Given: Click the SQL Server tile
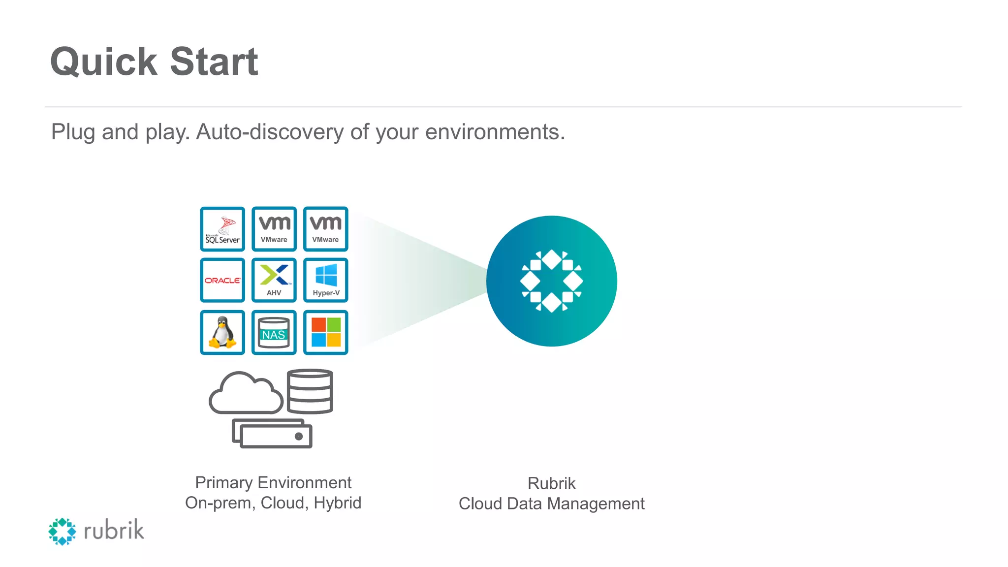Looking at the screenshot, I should (222, 229).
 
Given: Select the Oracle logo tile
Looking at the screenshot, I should (222, 280).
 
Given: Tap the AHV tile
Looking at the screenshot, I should (274, 280).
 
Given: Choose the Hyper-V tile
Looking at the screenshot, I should (326, 280).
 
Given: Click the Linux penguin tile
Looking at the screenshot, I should (222, 332).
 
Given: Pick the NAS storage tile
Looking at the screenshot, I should (274, 332).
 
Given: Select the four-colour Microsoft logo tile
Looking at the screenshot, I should (326, 332).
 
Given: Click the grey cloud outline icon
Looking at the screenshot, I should (245, 394).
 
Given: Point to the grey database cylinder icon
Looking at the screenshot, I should (310, 391).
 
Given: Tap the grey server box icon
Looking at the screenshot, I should (272, 434).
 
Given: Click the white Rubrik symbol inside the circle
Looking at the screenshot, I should (552, 281).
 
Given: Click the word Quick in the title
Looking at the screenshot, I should (104, 62).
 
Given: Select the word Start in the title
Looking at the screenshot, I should (214, 62).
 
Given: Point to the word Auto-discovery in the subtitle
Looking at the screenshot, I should (270, 132).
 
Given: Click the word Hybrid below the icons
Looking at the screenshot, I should (338, 503).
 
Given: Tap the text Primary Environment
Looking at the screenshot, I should (273, 482).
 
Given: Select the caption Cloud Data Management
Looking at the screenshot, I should (551, 504).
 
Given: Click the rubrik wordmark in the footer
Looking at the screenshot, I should (114, 531).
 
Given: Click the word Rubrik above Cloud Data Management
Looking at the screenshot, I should (551, 483).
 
